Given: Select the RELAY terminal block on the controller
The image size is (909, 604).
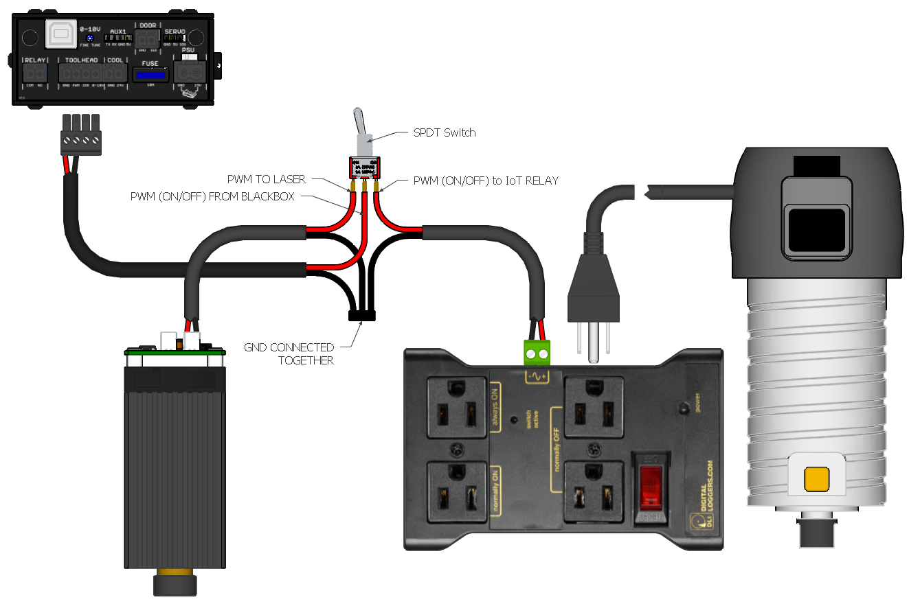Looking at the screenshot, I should coord(34,72).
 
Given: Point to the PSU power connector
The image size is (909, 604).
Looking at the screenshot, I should coord(189,71).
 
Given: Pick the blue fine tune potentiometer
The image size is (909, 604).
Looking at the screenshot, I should coord(90,38).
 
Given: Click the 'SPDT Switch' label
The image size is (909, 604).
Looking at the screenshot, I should coord(444,133).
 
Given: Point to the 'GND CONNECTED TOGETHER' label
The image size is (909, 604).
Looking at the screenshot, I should coord(289,353).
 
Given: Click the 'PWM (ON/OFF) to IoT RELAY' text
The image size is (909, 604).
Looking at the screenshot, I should coord(486,181).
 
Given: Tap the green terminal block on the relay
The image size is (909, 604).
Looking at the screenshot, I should coord(537,354).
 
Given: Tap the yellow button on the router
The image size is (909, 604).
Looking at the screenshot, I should coord(817,478).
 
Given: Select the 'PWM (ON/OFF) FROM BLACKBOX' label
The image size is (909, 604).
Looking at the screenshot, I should coord(212,197).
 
